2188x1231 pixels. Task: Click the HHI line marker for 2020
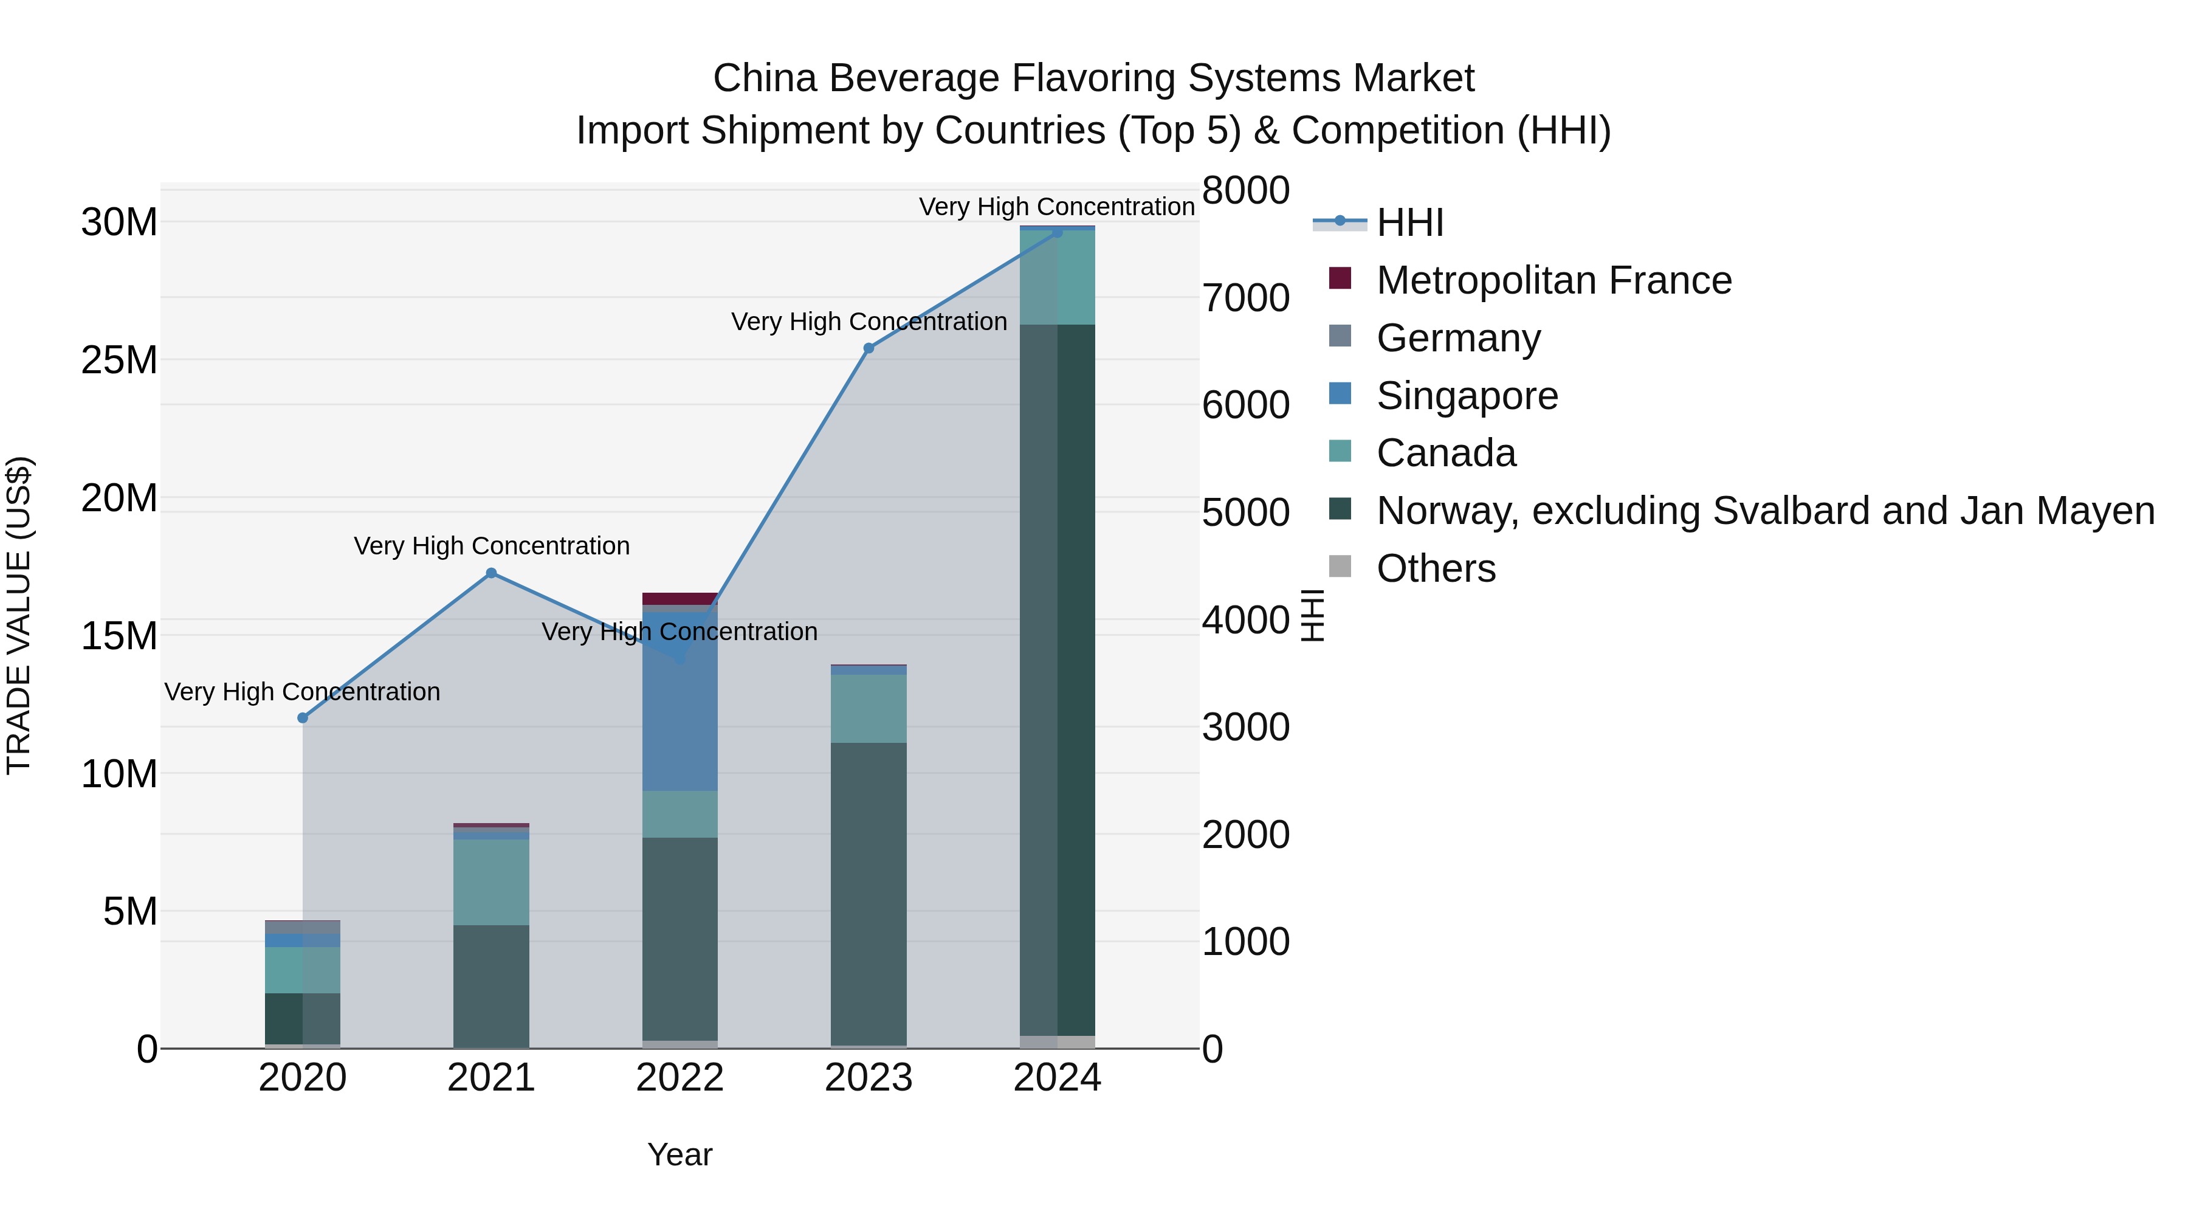pos(303,718)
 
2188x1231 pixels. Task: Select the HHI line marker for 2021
pos(491,573)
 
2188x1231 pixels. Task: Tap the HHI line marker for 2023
pos(868,348)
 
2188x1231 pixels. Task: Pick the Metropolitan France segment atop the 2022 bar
pos(679,598)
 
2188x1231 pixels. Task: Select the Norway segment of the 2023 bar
pos(868,892)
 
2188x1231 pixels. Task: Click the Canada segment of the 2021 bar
pos(491,882)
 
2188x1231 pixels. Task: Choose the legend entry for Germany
pos(1457,338)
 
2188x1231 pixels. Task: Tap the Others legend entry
pos(1436,568)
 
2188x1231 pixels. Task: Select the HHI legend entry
pos(1410,222)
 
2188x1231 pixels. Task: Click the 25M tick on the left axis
pos(119,360)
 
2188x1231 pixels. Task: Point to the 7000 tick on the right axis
pos(1245,298)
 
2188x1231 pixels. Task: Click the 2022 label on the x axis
pos(679,1078)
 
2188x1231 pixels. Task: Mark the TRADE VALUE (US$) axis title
pos(19,615)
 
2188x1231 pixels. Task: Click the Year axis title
pos(679,1154)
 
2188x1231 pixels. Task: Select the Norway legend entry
pos(1765,511)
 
